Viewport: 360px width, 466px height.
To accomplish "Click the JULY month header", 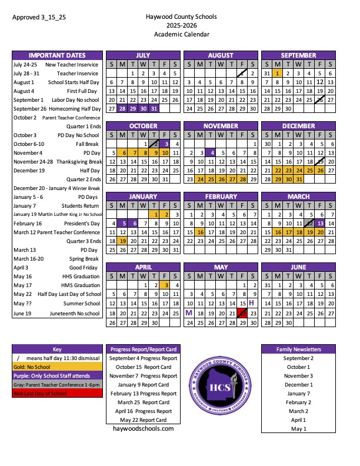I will pyautogui.click(x=144, y=55).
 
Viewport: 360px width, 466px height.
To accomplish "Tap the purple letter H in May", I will pyautogui.click(x=252, y=302).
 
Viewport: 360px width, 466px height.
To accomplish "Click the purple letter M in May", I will pyautogui.click(x=189, y=314).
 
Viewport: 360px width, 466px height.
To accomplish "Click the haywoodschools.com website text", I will pyautogui.click(x=143, y=429).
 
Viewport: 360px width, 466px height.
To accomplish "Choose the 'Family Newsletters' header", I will pyautogui.click(x=298, y=349).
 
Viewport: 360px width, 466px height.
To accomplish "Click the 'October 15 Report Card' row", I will pyautogui.click(x=143, y=367).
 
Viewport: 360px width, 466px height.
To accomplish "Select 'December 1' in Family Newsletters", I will pyautogui.click(x=298, y=385).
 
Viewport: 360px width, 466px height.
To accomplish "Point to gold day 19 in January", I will pyautogui.click(x=122, y=241).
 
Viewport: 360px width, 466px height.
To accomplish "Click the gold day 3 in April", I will pyautogui.click(x=166, y=285).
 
